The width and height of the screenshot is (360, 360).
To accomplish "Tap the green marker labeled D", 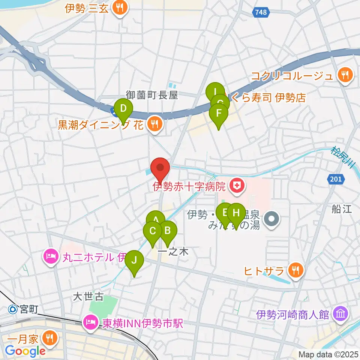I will click(123, 110).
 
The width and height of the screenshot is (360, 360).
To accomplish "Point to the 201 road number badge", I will click(336, 180).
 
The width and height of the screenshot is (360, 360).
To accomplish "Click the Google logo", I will click(25, 351).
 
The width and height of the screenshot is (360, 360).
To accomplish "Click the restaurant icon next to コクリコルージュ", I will click(343, 75).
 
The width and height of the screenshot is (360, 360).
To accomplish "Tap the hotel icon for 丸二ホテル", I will click(50, 257).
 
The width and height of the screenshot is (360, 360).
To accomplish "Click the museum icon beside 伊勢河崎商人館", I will click(341, 314).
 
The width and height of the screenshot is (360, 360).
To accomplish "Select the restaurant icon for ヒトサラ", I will click(295, 270).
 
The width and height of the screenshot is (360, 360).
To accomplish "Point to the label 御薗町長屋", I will click(151, 95).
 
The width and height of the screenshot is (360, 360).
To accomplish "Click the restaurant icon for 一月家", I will click(49, 339).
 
